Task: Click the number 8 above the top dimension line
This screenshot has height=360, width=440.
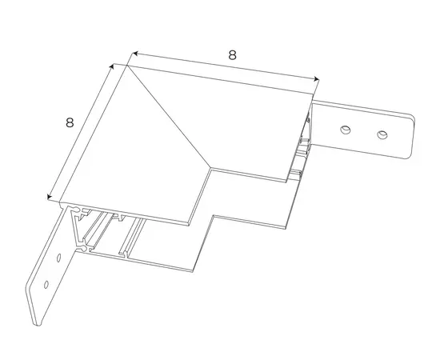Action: (x=232, y=55)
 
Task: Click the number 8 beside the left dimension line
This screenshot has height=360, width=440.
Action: (x=70, y=122)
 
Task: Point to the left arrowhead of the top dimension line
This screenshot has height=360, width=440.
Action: (x=134, y=54)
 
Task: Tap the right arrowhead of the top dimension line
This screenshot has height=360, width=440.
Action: (x=317, y=79)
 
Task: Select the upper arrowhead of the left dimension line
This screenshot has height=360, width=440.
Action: (x=112, y=66)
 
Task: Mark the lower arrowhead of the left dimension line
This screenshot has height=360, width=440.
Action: (x=50, y=197)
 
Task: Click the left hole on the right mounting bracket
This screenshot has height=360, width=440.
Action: (x=346, y=130)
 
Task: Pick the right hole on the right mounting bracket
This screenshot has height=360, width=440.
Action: (x=382, y=134)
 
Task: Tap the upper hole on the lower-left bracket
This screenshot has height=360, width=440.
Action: (x=59, y=258)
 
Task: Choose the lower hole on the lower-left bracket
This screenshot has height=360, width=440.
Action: (x=46, y=285)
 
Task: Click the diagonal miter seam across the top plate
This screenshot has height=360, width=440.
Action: (x=170, y=117)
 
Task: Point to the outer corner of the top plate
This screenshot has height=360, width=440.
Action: (x=127, y=65)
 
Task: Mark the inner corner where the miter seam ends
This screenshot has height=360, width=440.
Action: (x=211, y=169)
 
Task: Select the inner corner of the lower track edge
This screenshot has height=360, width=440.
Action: (x=214, y=215)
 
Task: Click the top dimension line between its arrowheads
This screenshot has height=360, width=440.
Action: (x=226, y=66)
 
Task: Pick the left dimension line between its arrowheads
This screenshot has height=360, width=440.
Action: (x=81, y=131)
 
